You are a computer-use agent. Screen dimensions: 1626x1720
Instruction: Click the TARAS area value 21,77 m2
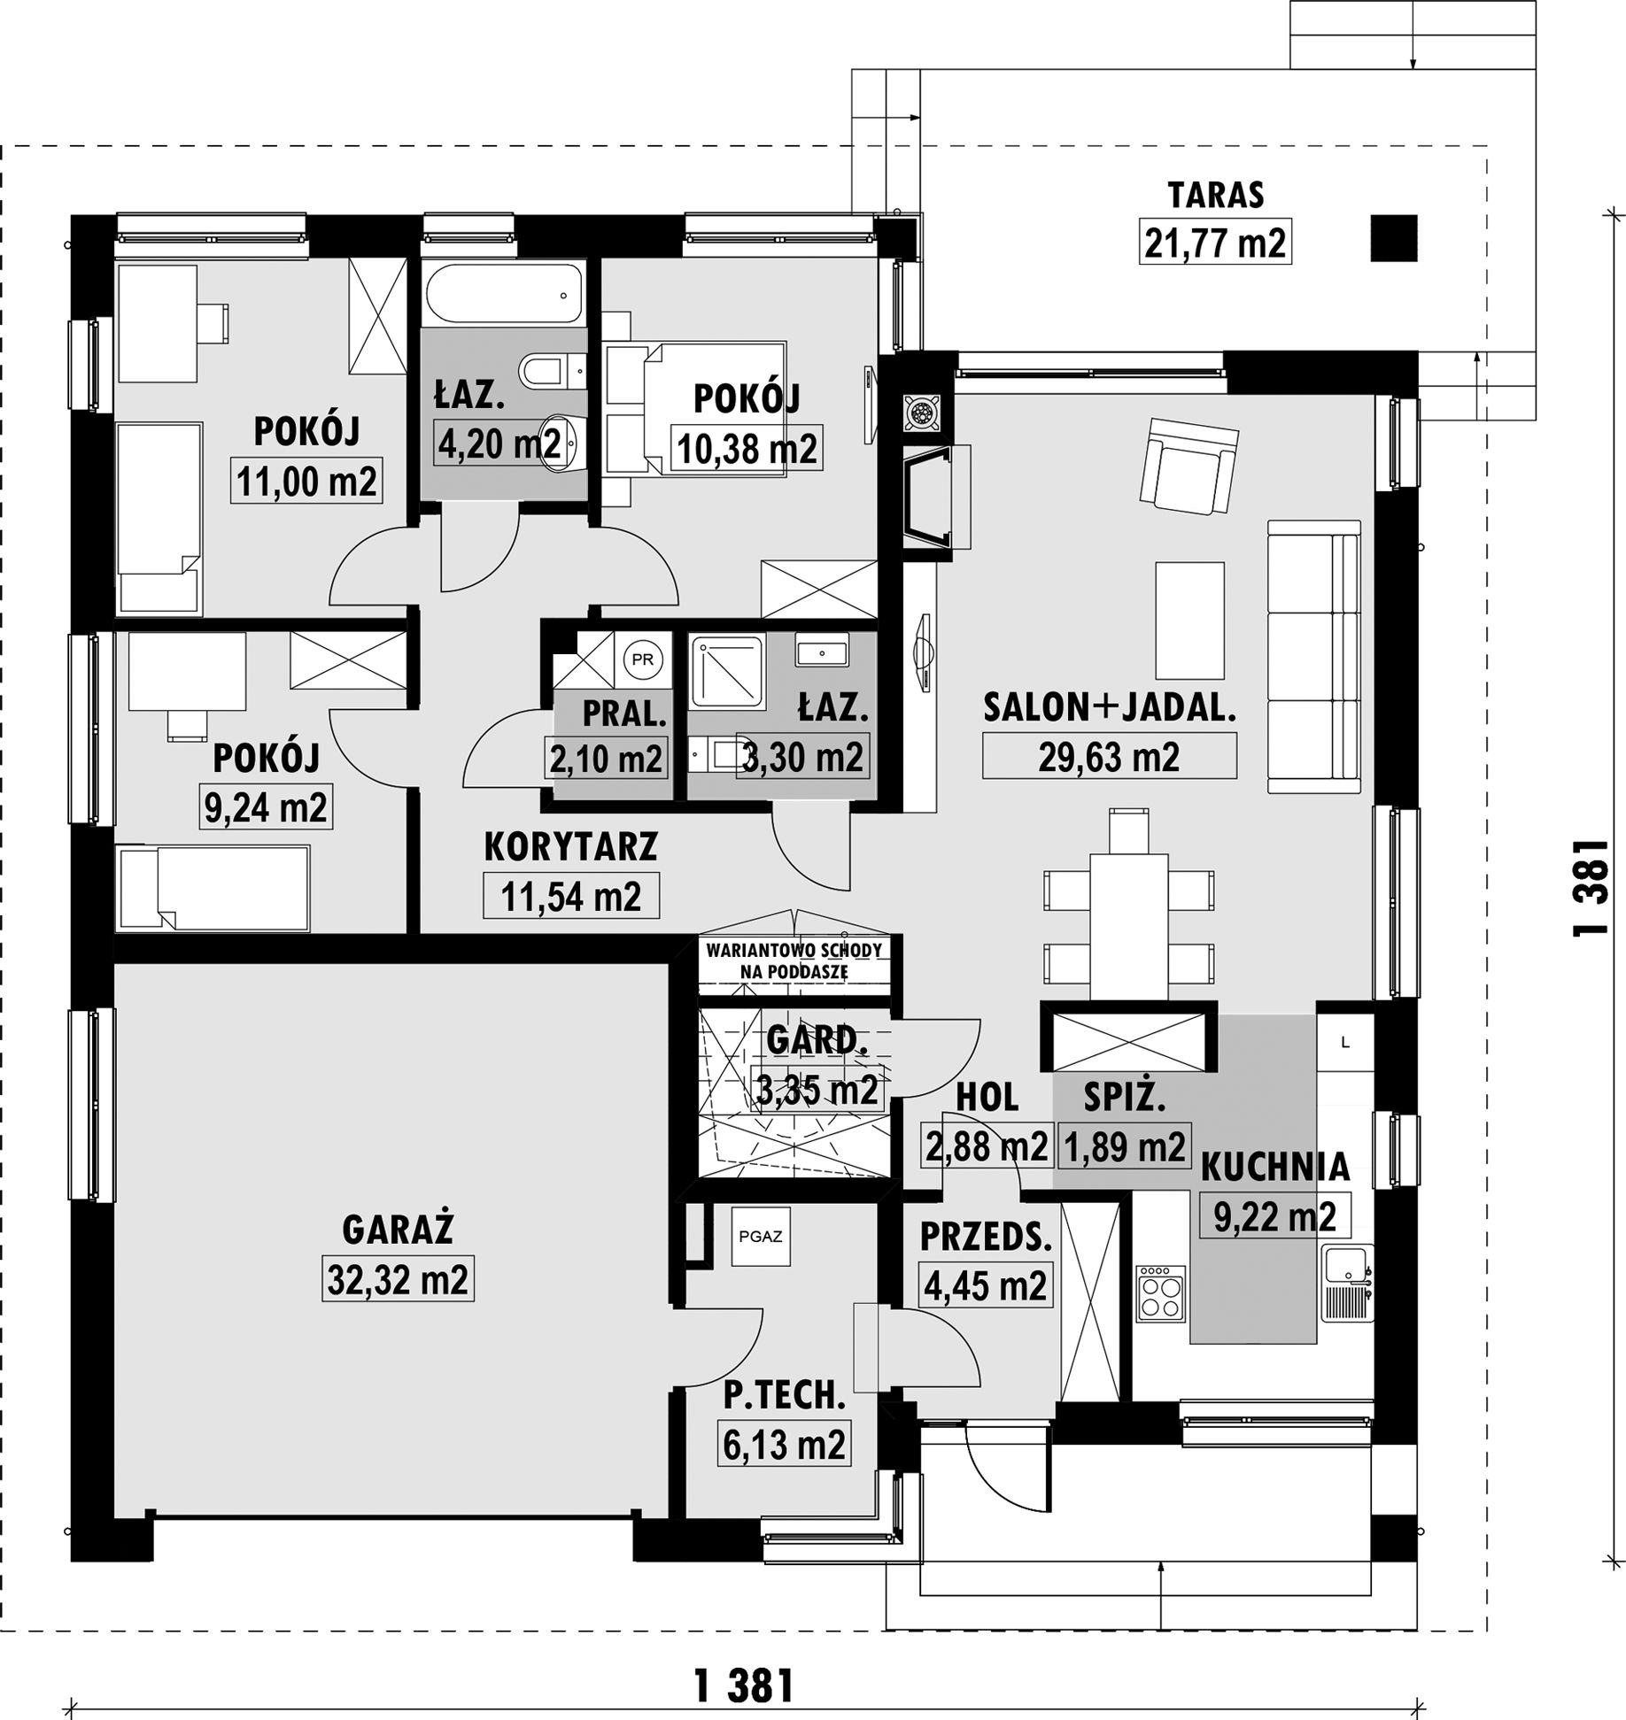click(x=1214, y=242)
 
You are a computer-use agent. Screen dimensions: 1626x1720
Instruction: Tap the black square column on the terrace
click(x=1394, y=239)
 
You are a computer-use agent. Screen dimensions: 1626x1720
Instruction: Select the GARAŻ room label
click(x=398, y=1230)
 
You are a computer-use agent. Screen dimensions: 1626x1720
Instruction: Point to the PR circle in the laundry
click(x=644, y=659)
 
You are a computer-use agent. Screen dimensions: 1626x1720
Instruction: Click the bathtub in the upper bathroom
click(x=503, y=295)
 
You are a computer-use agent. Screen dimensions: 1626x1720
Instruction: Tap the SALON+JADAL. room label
click(x=1109, y=707)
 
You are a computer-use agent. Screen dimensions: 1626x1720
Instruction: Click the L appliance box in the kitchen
click(x=1345, y=1043)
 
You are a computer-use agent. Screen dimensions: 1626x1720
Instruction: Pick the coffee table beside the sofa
click(x=1189, y=620)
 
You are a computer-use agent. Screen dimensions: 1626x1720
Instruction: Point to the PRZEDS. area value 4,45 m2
click(x=985, y=1284)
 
